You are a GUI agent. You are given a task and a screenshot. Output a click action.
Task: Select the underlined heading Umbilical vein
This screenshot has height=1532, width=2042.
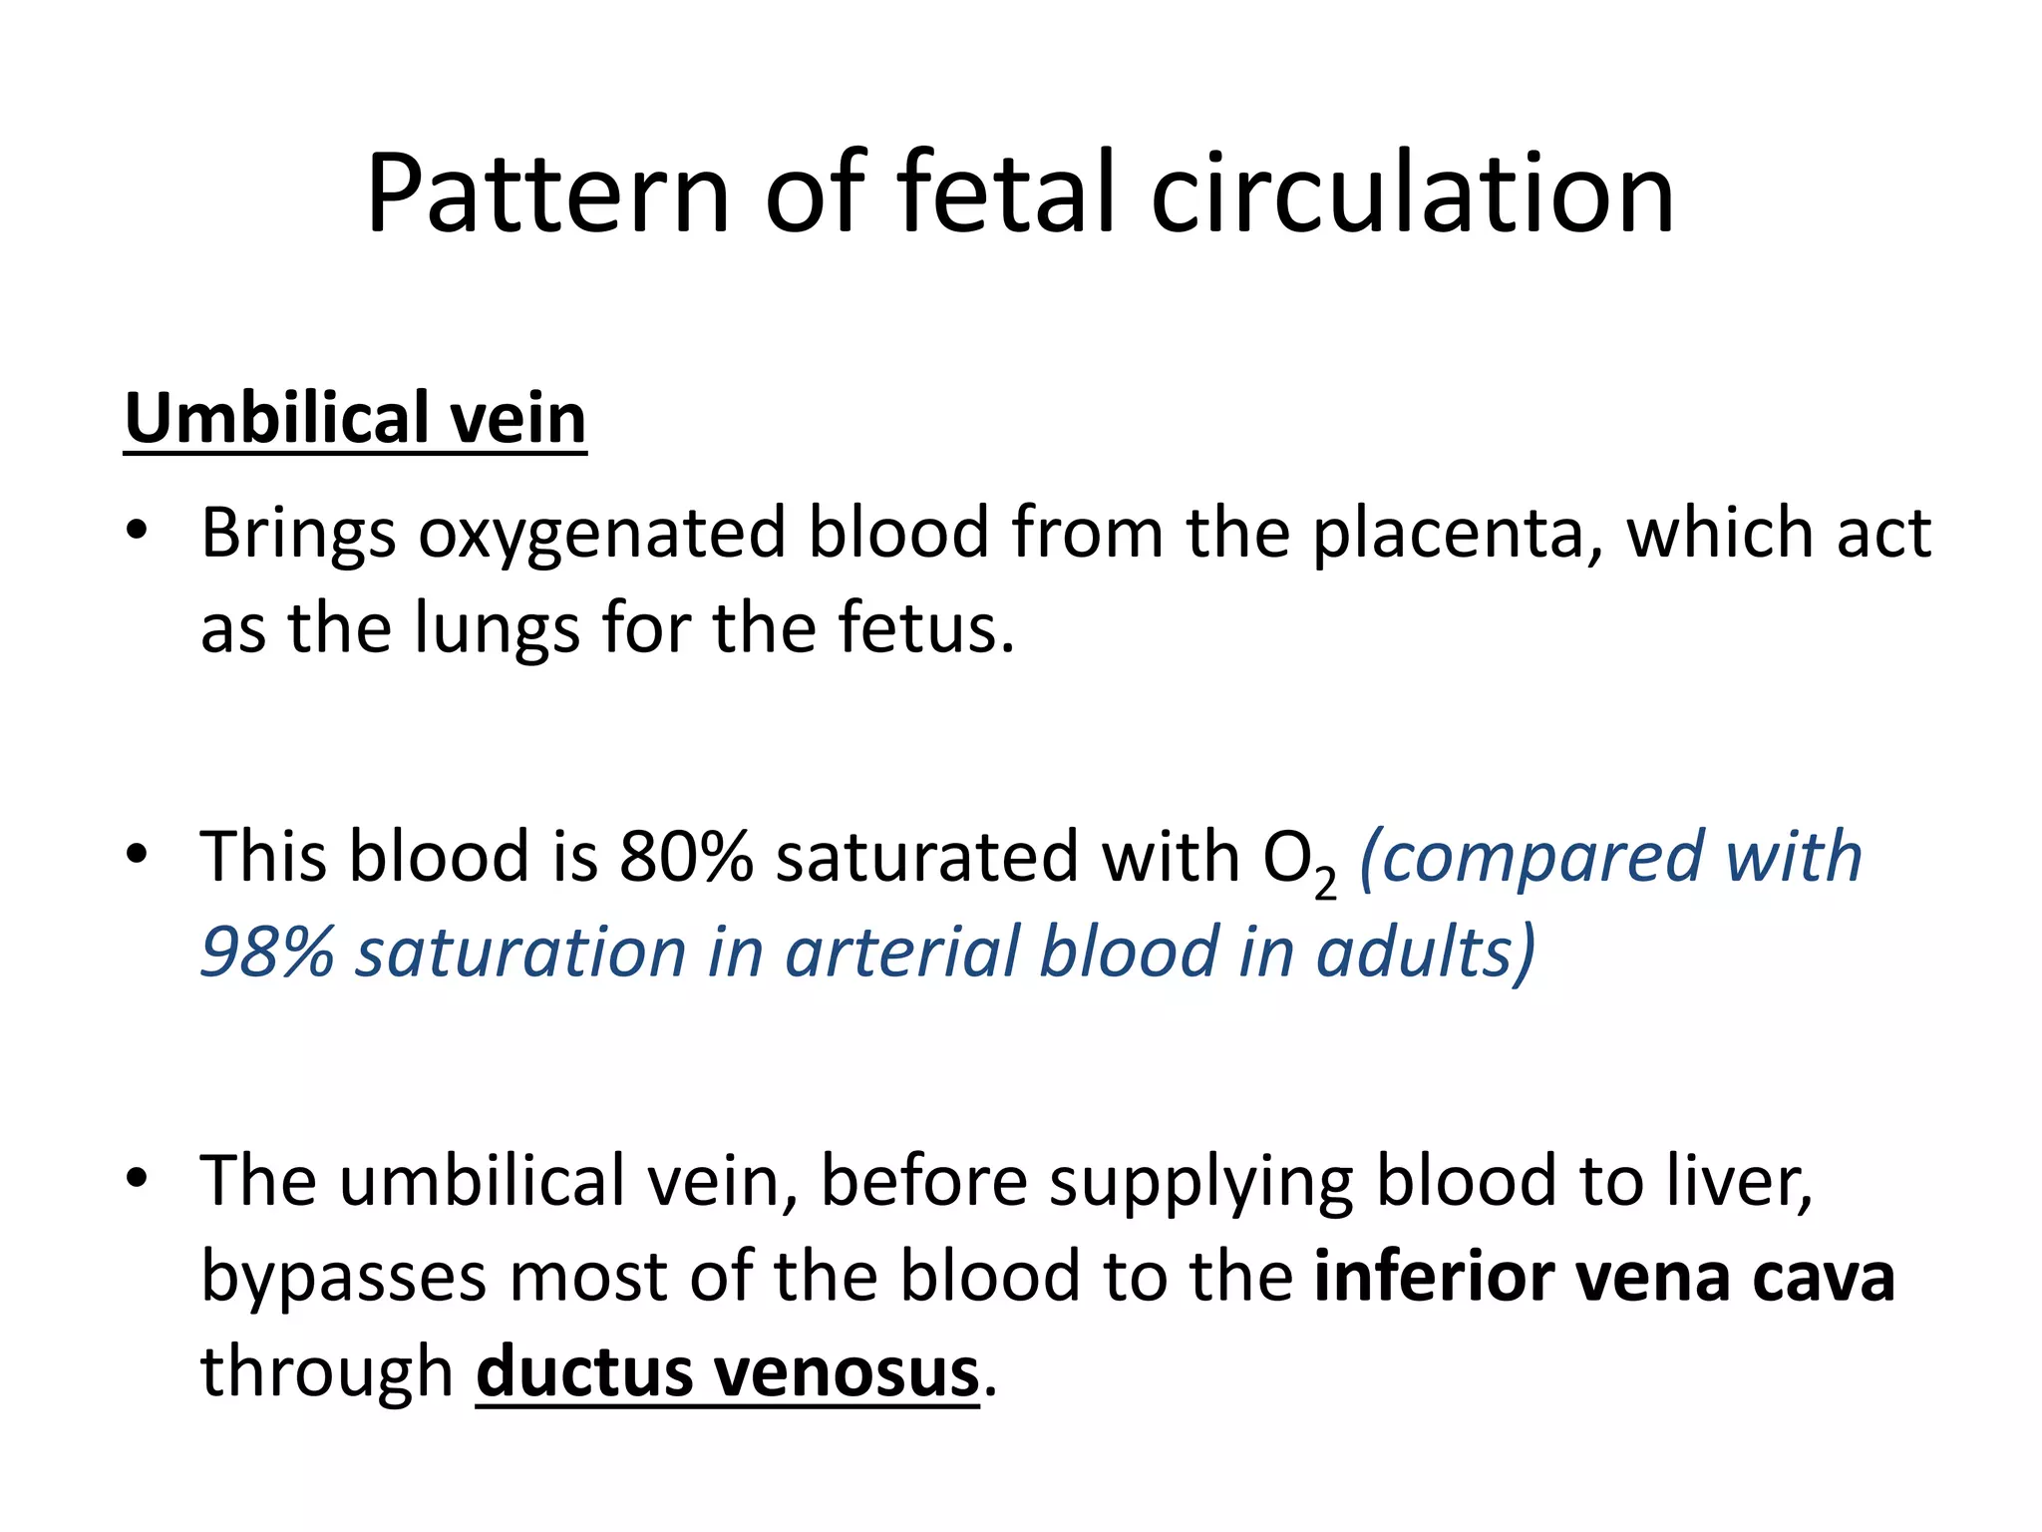pos(355,418)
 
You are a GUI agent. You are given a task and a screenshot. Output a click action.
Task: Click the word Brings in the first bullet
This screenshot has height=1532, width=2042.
pos(298,534)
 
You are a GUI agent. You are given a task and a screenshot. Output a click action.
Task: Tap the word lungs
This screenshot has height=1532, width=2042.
pos(497,628)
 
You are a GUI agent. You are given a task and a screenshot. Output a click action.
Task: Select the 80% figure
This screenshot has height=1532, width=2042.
pos(686,857)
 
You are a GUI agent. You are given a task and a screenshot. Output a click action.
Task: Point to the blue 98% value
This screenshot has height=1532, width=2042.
pos(267,952)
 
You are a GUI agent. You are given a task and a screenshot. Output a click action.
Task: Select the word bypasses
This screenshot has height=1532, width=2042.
pos(343,1277)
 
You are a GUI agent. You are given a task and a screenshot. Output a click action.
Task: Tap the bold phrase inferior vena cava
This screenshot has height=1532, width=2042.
pos(1603,1277)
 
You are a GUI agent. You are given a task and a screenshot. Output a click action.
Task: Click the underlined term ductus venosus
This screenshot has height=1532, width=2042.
pos(728,1372)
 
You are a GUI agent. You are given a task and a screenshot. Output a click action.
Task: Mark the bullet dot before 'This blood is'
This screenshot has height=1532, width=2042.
pos(138,855)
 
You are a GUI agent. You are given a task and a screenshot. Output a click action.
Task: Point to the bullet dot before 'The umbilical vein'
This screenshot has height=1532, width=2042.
pos(138,1179)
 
